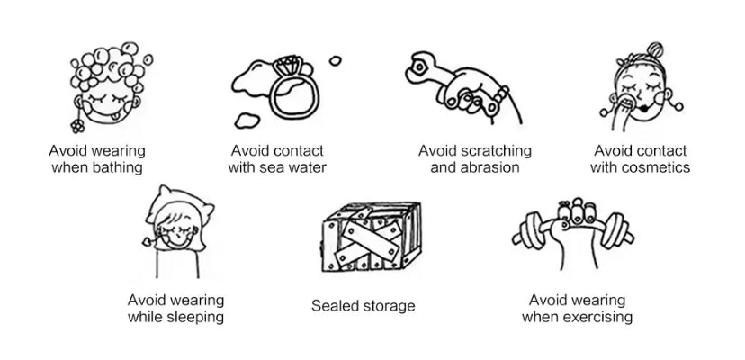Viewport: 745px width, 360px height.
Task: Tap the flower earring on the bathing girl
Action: (77, 125)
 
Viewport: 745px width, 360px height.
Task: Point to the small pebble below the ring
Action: (247, 121)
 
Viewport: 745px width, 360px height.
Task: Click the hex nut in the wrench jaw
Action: (419, 67)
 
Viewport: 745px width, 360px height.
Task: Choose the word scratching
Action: (497, 151)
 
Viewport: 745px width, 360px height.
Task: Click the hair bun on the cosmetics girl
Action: (655, 49)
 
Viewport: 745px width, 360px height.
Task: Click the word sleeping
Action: (196, 318)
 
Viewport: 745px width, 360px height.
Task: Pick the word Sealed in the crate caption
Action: (334, 306)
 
